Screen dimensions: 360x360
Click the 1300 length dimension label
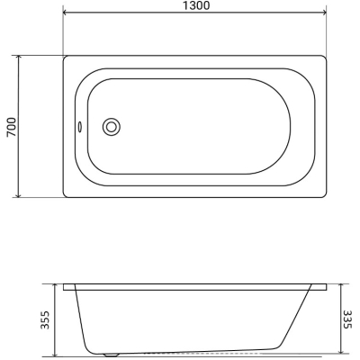196,5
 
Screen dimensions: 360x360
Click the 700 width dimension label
12,127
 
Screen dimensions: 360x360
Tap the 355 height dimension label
45,320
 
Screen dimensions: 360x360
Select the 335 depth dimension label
347,319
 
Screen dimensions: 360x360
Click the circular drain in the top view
112,127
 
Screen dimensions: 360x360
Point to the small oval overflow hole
80,127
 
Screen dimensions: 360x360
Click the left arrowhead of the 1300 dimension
65,13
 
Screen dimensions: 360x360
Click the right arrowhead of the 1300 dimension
324,13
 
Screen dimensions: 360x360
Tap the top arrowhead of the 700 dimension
19,58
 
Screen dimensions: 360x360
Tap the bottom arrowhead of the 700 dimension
19,194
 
